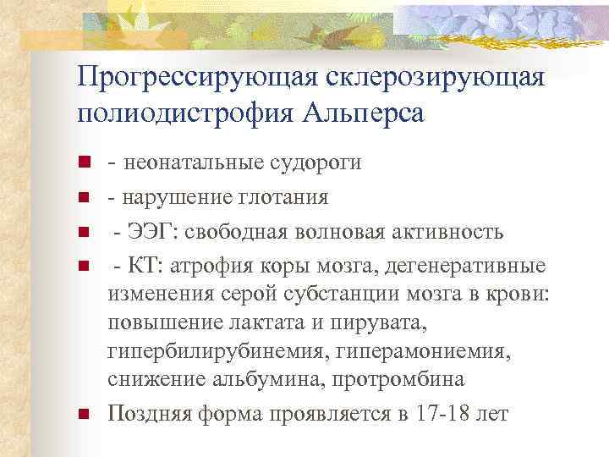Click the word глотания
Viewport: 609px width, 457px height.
click(281, 196)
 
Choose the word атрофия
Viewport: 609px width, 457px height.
click(208, 267)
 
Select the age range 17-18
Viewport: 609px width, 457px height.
click(443, 415)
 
